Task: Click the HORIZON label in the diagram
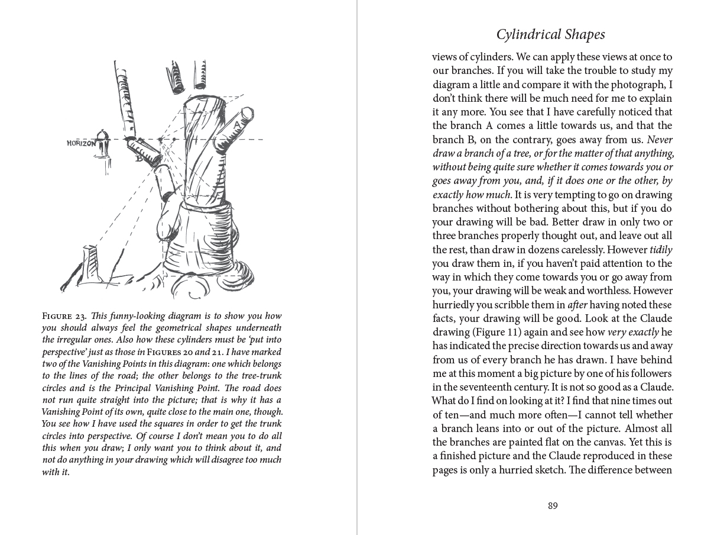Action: (82, 143)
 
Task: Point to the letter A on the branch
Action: (236, 124)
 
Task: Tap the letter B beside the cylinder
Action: (139, 158)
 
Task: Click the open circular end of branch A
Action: (247, 113)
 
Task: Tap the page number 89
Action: (553, 505)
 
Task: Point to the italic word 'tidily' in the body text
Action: (661, 250)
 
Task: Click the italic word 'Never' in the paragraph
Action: (660, 140)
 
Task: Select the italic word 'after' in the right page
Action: (577, 305)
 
